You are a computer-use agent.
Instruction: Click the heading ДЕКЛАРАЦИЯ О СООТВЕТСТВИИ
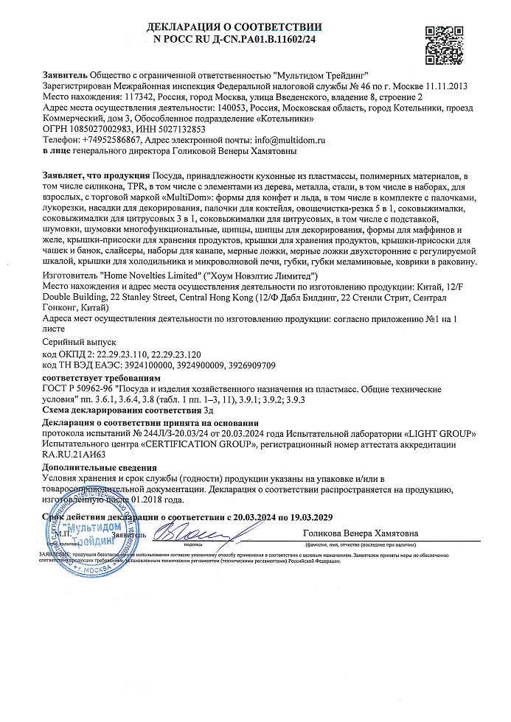[234, 28]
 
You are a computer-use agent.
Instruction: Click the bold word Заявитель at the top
[65, 76]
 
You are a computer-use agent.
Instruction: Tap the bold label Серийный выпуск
[80, 343]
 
